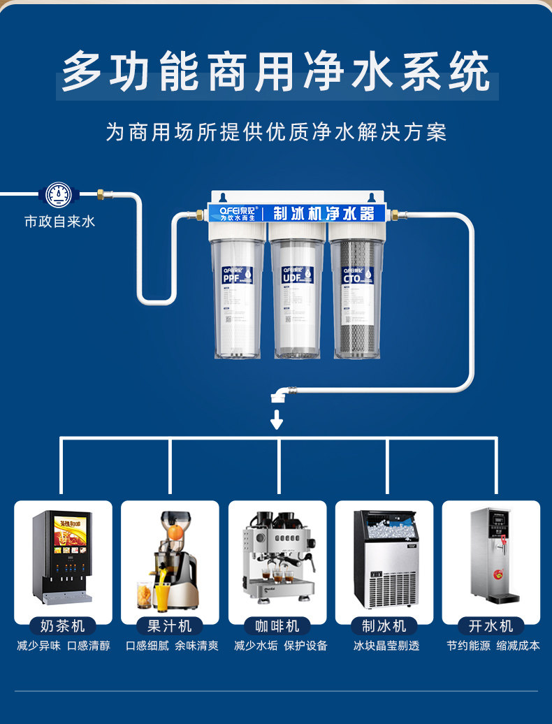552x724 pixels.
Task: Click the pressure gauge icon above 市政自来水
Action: point(59,194)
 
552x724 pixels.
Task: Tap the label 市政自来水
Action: point(59,222)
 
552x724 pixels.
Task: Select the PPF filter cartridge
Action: point(238,297)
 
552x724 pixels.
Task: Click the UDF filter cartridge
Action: point(297,297)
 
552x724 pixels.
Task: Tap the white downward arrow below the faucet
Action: point(277,419)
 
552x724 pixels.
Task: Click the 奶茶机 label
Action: point(63,625)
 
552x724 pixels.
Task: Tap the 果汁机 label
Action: point(170,625)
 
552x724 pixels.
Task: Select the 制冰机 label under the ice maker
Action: point(384,625)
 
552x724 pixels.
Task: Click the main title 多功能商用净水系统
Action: point(277,73)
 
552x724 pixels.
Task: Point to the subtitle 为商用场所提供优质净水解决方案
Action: point(276,132)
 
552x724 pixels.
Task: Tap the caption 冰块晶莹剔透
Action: point(386,646)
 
